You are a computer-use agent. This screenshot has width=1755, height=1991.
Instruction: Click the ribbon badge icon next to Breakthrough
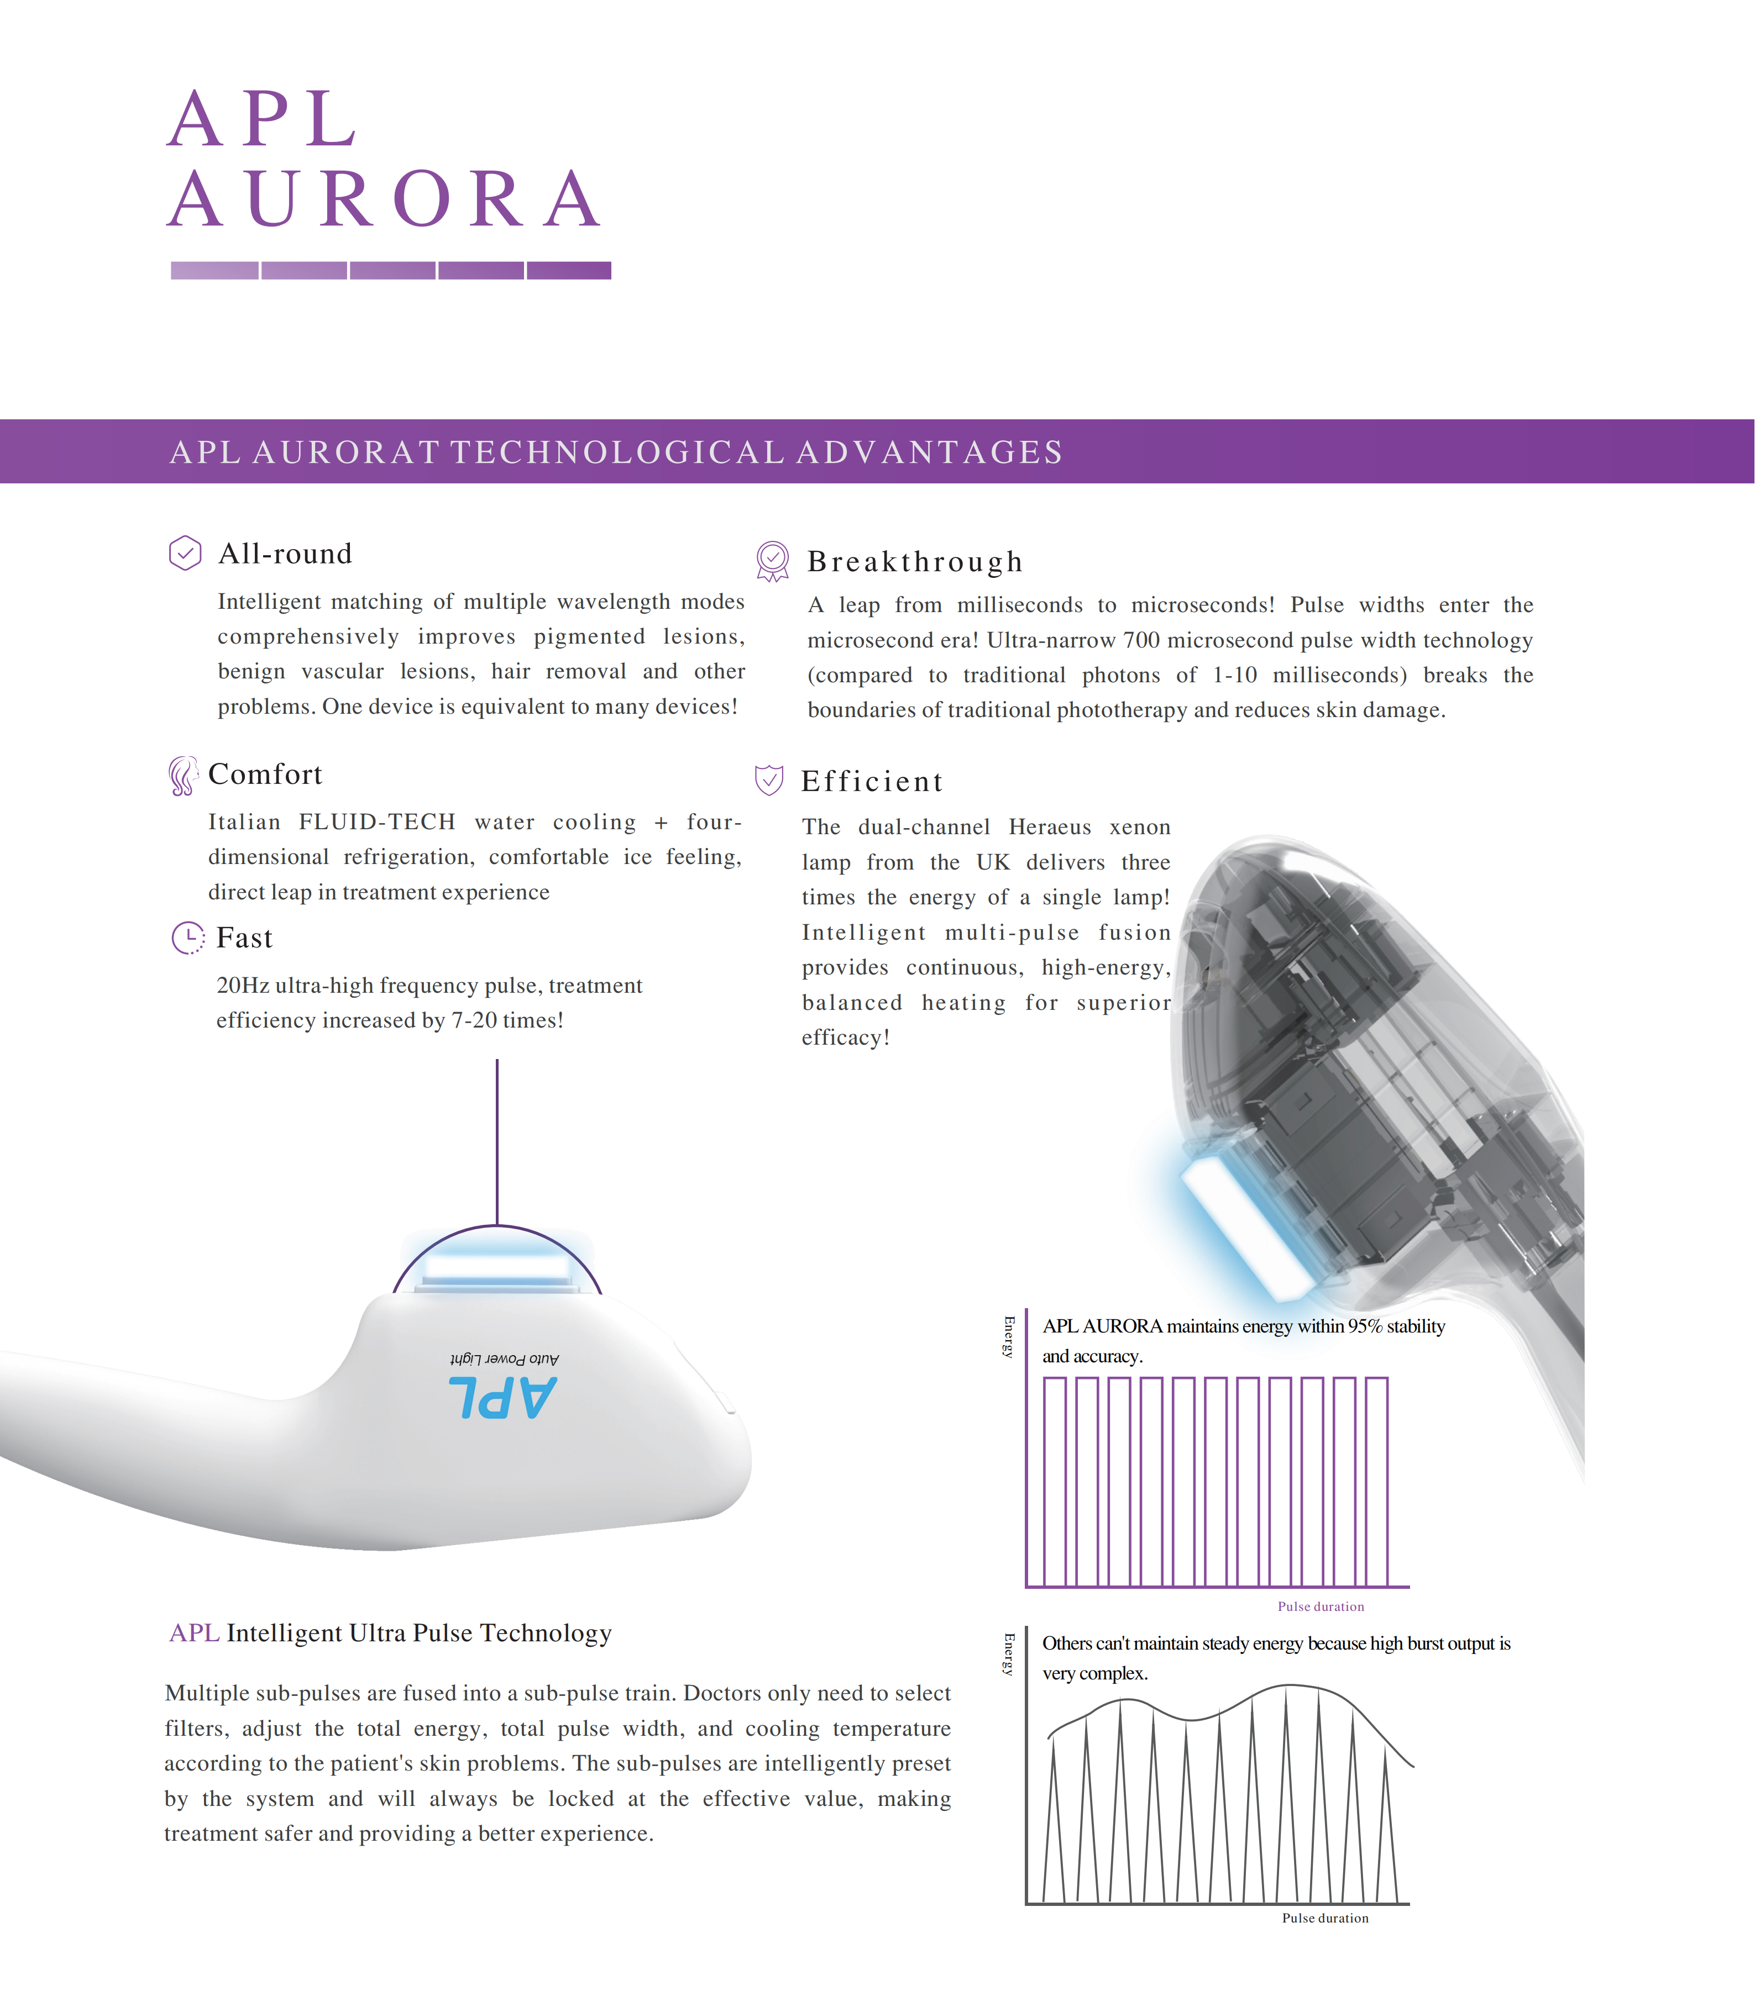point(773,560)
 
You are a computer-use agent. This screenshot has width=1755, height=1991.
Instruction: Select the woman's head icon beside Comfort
point(182,776)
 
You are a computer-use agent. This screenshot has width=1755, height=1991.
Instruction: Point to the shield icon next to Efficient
point(769,779)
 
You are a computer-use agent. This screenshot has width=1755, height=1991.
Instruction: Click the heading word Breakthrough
point(915,561)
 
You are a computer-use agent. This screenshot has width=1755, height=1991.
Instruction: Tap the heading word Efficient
point(872,781)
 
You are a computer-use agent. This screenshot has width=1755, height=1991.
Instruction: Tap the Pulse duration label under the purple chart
point(1321,1607)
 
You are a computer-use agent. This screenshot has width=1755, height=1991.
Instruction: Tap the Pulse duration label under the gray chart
point(1324,1918)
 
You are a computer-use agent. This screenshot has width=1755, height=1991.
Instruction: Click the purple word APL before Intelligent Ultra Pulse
point(194,1632)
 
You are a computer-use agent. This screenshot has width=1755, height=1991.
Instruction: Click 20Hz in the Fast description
point(243,986)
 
